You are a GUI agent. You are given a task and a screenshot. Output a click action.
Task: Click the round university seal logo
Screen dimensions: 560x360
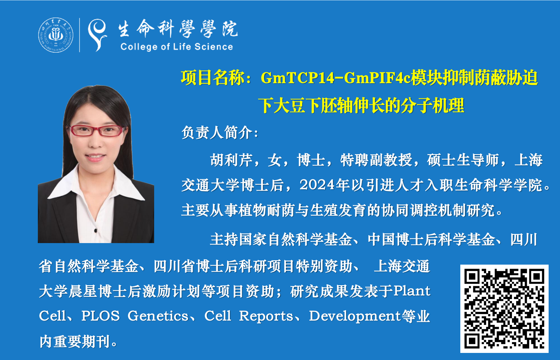(x=56, y=35)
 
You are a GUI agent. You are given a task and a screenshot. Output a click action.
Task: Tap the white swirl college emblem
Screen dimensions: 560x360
(x=97, y=35)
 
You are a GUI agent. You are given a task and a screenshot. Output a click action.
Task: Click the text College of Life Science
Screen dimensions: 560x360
(x=177, y=47)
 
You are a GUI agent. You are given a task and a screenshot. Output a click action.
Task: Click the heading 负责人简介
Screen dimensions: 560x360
(x=220, y=133)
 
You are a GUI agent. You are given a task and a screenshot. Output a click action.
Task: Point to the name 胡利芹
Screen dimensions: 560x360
(x=231, y=160)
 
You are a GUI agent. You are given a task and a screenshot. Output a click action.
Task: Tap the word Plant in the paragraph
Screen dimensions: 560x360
(x=412, y=291)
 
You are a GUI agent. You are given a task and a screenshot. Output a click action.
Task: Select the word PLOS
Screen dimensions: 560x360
(x=101, y=316)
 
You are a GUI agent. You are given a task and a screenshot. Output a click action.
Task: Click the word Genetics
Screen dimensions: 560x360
(x=158, y=316)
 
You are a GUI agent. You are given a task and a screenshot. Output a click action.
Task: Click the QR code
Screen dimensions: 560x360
(x=504, y=309)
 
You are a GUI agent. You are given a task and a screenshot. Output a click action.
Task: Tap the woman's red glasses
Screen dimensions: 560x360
(x=96, y=131)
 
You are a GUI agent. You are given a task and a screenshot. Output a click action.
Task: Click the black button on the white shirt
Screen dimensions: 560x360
(x=96, y=230)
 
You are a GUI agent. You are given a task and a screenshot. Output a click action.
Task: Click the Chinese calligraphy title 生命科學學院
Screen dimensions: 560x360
(x=178, y=30)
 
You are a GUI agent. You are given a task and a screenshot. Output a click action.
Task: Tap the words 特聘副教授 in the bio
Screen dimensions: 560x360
(x=376, y=160)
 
